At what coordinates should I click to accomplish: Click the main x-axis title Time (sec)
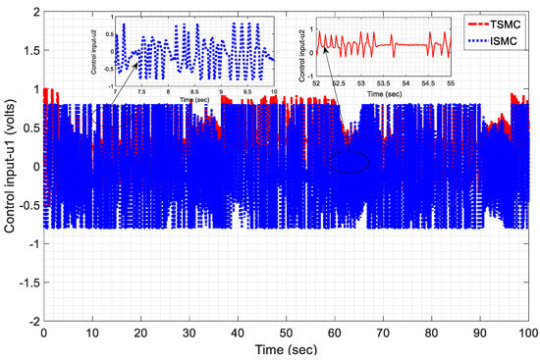coord(286,348)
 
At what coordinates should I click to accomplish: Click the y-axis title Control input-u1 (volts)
coord(11,167)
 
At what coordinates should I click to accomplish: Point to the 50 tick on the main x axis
coord(286,332)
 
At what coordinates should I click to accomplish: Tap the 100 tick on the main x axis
coord(526,332)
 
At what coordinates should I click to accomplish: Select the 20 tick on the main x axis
coord(140,332)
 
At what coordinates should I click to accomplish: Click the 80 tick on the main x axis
coord(431,332)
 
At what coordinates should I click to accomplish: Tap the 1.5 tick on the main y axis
coord(28,50)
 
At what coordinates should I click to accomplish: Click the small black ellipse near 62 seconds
coord(349,163)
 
